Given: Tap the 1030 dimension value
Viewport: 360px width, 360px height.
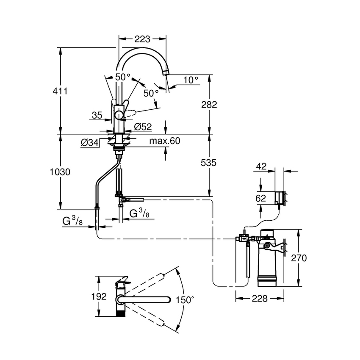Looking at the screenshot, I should click(x=60, y=172).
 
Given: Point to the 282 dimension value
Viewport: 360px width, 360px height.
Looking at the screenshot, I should click(x=208, y=105).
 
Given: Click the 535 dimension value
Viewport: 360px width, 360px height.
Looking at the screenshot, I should click(x=208, y=162).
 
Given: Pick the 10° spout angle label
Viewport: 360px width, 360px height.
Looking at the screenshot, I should click(x=191, y=80).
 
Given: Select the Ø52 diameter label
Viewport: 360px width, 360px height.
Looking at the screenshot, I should click(x=143, y=126).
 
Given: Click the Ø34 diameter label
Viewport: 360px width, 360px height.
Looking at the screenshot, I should click(x=89, y=143).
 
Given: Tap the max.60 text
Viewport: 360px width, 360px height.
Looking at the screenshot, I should click(x=165, y=141).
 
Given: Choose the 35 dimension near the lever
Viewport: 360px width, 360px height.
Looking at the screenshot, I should click(x=97, y=114).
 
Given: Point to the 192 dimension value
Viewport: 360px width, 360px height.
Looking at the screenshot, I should click(x=99, y=296).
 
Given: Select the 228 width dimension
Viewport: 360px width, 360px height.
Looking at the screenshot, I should click(x=259, y=299).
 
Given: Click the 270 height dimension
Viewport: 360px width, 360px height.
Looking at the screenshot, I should click(x=299, y=258).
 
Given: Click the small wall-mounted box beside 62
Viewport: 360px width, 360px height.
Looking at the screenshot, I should click(x=280, y=197).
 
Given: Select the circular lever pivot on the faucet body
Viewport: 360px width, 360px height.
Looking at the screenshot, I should click(x=119, y=115).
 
